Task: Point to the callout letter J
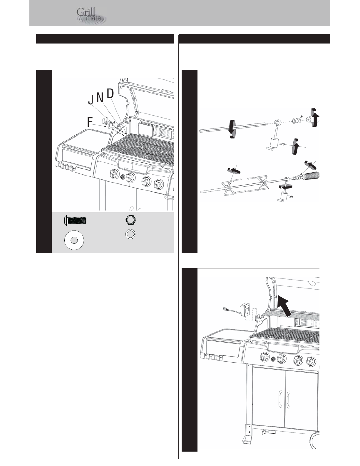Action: (x=91, y=100)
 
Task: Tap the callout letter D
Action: (x=110, y=93)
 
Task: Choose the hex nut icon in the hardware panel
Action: (x=131, y=220)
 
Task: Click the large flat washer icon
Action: (x=74, y=240)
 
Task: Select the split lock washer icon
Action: (x=130, y=234)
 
